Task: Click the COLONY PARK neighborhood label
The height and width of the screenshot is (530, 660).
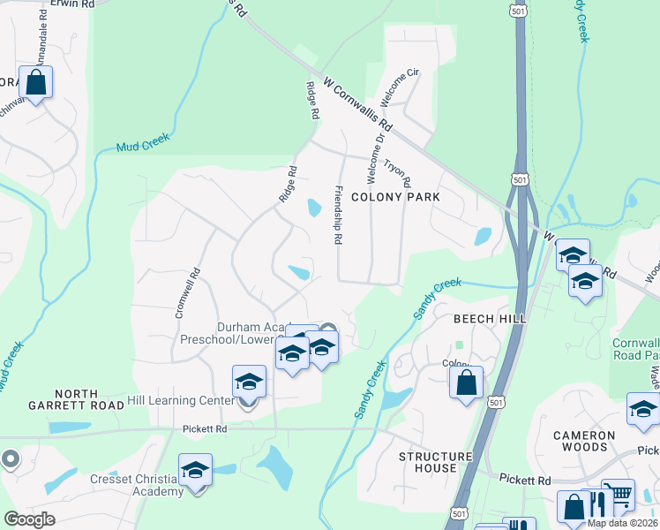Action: [394, 197]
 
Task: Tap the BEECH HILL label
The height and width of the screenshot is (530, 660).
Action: [490, 318]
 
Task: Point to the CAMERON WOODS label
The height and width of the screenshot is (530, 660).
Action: [608, 441]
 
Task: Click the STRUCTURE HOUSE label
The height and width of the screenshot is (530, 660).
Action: [428, 462]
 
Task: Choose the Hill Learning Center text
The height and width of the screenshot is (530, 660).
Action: [181, 400]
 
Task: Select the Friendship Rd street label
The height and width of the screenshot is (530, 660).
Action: [337, 215]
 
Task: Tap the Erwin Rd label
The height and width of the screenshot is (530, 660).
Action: [72, 4]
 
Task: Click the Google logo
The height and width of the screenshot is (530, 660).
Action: [29, 519]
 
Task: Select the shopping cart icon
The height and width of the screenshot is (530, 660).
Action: [618, 495]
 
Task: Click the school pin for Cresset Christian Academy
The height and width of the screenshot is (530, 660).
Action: [195, 469]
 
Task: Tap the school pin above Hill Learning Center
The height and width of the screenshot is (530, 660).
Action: [249, 382]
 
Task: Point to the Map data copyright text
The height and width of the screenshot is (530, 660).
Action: [622, 523]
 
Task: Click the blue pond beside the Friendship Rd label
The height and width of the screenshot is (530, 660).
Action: [313, 208]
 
